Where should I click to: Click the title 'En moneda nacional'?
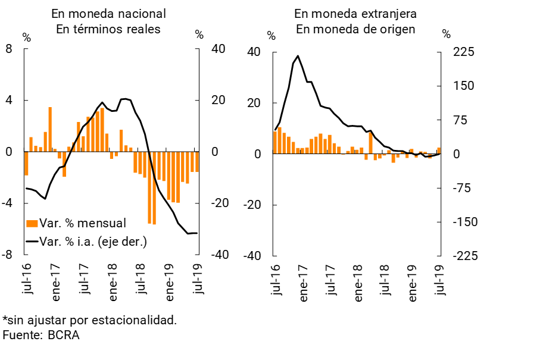(108, 14)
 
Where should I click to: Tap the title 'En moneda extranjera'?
(355, 14)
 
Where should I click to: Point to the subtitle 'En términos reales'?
(108, 29)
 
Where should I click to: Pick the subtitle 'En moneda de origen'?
(355, 29)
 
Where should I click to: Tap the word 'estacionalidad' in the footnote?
(138, 320)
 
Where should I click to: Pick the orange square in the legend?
(32, 223)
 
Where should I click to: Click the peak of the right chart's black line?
(298, 56)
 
